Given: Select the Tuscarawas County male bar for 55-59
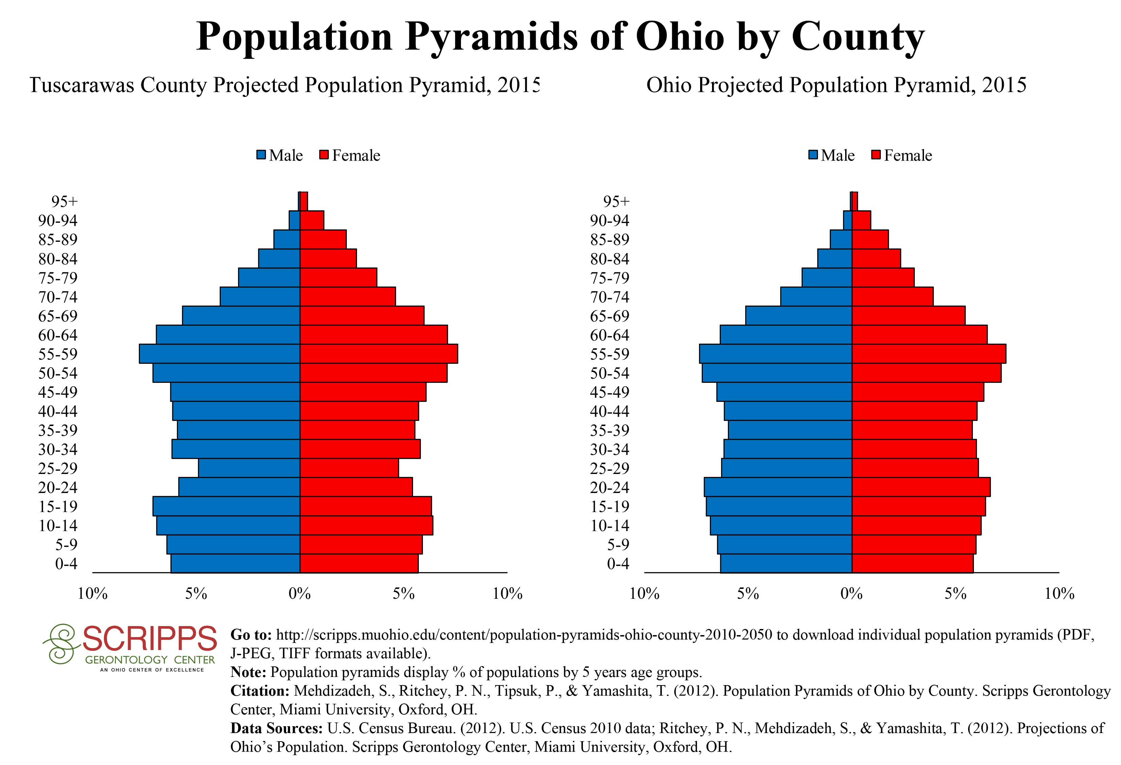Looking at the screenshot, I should click(219, 354).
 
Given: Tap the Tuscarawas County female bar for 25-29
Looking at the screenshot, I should click(349, 468).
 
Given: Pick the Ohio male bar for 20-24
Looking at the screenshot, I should click(778, 487).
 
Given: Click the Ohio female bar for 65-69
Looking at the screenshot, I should click(908, 316).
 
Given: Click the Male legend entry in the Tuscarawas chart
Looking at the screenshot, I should click(280, 155).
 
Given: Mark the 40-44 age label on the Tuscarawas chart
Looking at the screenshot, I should click(58, 411).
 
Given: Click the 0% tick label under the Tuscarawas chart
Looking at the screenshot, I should click(300, 594).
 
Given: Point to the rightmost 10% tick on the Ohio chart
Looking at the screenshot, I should click(1059, 594).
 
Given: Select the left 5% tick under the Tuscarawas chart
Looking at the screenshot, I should click(196, 594).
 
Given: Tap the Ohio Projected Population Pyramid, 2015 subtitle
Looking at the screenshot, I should click(836, 85).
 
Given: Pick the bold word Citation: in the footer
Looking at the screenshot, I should click(260, 691).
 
